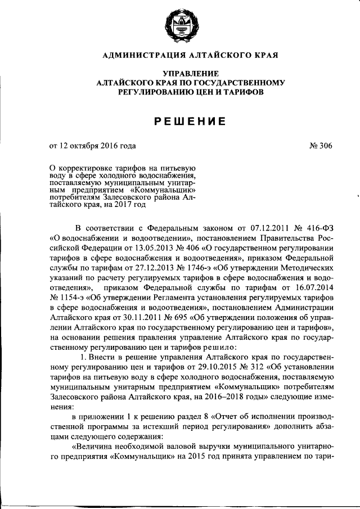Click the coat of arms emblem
[x=180, y=26]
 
